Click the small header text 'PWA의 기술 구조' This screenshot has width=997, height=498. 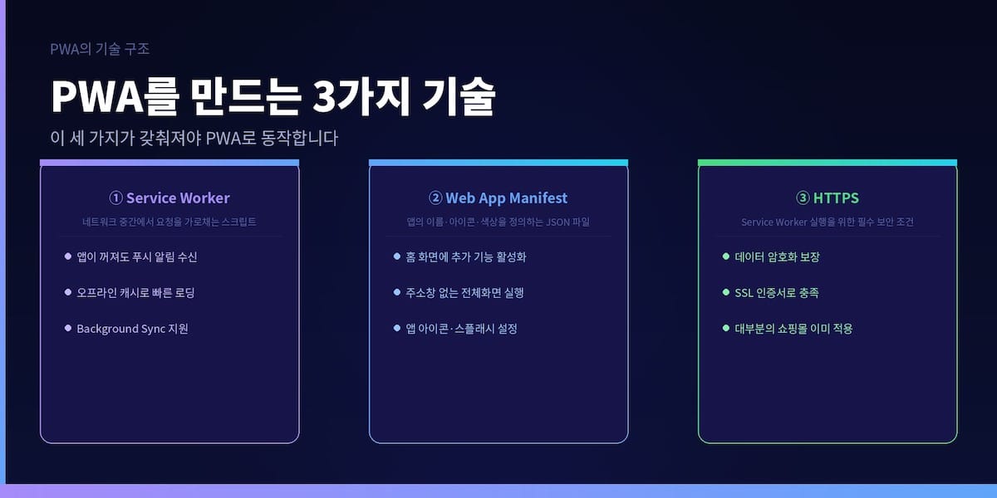point(100,49)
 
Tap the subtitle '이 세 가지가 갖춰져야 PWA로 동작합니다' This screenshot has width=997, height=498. point(194,138)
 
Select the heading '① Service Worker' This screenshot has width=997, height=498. point(169,198)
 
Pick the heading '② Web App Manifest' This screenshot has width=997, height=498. point(498,198)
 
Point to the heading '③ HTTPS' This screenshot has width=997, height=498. point(828,198)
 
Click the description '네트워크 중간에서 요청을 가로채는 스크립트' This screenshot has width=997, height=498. point(169,222)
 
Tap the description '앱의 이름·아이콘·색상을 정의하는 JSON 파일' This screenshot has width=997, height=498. point(498,222)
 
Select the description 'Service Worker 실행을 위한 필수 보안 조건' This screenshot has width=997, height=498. point(828,222)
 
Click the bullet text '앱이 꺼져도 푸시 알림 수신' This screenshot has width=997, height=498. point(137,257)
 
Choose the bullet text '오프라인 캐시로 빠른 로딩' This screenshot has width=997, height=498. point(135,293)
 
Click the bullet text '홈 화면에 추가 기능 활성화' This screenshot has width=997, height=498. point(466,257)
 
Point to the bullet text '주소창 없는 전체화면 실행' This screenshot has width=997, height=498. point(465,293)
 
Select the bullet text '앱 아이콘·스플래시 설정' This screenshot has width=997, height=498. point(462,329)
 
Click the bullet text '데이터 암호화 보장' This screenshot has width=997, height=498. point(778,257)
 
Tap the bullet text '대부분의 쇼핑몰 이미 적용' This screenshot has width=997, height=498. point(794,329)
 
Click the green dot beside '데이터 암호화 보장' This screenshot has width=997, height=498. point(726,256)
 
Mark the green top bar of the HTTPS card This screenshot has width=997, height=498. point(828,163)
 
